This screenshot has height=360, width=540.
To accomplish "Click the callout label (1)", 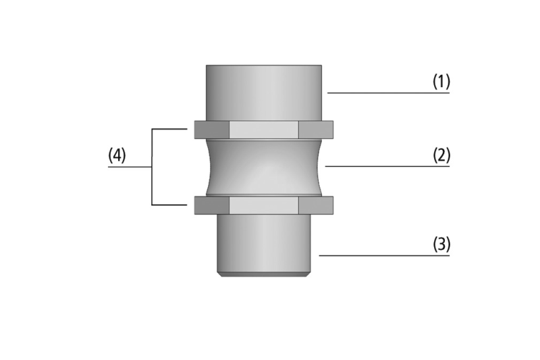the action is point(441,82).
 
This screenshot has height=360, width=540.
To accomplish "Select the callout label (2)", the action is point(441,155).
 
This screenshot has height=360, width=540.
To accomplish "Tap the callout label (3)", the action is point(441,245).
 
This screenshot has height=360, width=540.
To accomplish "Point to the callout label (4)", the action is point(117,155).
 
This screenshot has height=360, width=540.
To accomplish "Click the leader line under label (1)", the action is point(389,93).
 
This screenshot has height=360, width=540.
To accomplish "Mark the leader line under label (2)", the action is point(387,166).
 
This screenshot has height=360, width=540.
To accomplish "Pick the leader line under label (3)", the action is point(384,255).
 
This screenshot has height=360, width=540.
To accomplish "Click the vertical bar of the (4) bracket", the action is point(152,167).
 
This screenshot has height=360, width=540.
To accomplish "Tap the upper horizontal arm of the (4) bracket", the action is point(169,129).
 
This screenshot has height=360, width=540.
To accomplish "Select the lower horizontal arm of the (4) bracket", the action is point(169,205).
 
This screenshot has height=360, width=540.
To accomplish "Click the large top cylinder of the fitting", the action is point(264,93).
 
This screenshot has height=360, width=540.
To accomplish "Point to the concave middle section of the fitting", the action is point(264,168).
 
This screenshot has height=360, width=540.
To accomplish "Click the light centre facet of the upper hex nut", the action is point(263,130).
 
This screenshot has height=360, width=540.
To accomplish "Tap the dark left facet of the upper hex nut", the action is point(211,130).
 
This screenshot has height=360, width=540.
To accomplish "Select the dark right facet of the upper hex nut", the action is point(316,130).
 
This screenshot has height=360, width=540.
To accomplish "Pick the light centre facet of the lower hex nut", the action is point(263,205).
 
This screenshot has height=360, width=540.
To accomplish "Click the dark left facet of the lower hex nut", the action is point(211,205).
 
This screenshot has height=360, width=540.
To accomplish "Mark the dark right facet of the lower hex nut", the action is point(316,205).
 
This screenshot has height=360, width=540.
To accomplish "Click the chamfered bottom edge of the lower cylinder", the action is point(264,274).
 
